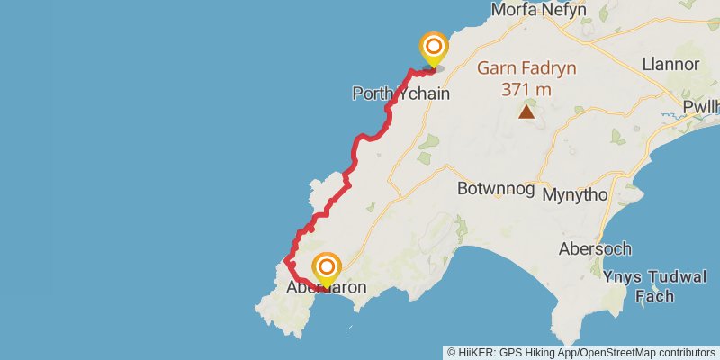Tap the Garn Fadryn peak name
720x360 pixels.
526,68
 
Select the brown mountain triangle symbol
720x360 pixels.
526,112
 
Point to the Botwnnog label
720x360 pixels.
495,190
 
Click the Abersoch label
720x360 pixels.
595,248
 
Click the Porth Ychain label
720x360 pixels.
400,94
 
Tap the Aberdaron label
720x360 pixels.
326,288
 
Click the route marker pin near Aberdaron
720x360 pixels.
327,268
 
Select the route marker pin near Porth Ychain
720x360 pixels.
434,48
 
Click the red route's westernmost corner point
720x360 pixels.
286,260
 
